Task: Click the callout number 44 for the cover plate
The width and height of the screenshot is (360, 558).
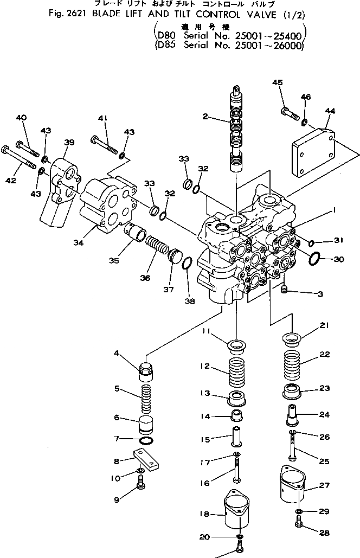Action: click(x=330, y=111)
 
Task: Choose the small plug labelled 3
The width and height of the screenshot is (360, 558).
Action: click(x=284, y=292)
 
